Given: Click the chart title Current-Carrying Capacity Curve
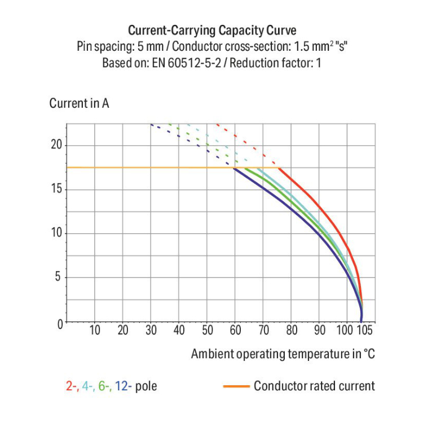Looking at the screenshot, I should pyautogui.click(x=211, y=30).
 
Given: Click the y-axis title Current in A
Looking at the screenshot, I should pyautogui.click(x=79, y=104).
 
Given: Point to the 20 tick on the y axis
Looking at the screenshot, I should pyautogui.click(x=55, y=145).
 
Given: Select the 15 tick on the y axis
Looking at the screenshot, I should pyautogui.click(x=55, y=189).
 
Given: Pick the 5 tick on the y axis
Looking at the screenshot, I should pyautogui.click(x=58, y=277).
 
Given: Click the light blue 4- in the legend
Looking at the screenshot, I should pyautogui.click(x=87, y=386).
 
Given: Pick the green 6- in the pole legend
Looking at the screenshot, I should pyautogui.click(x=104, y=386).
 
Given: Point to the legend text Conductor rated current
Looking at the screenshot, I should pyautogui.click(x=314, y=386).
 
